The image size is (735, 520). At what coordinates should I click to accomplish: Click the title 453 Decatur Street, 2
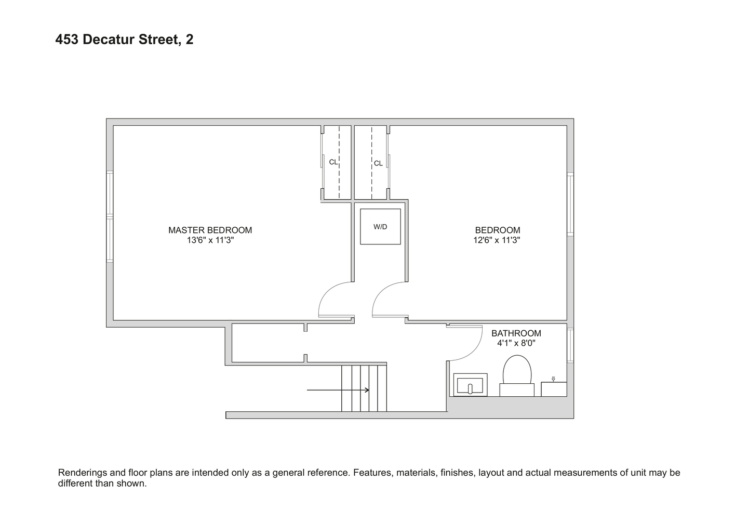[x=124, y=40]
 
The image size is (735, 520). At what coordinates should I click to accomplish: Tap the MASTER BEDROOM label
[x=210, y=230]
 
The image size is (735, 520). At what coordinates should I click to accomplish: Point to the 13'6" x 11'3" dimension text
[x=210, y=240]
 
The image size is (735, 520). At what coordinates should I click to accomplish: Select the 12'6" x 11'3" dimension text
[x=497, y=240]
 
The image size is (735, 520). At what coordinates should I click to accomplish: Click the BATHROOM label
[x=516, y=333]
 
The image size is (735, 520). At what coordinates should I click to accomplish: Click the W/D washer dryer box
[x=380, y=227]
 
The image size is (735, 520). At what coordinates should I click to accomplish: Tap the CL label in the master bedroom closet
[x=333, y=162]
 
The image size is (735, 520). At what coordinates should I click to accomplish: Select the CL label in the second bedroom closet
[x=378, y=163]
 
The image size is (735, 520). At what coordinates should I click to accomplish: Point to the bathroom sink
[x=470, y=385]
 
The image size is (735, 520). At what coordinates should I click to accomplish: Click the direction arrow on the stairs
[x=338, y=390]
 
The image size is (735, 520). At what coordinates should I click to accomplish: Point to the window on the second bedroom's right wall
[x=570, y=204]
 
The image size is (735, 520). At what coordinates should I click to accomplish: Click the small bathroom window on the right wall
[x=570, y=345]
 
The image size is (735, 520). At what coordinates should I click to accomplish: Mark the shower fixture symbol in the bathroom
[x=553, y=379]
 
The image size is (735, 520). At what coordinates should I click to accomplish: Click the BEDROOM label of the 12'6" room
[x=497, y=230]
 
